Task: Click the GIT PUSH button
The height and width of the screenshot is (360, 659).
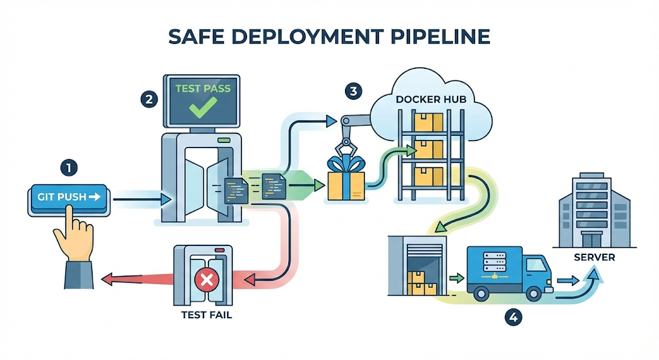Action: pos(66,196)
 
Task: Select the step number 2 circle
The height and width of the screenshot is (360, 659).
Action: pos(149,99)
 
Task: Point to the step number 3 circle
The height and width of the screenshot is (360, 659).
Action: pos(352,91)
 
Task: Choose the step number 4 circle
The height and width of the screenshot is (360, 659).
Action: pos(512,317)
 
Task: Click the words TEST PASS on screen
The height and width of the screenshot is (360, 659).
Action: pos(203,88)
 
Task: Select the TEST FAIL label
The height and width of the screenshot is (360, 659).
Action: pos(207,315)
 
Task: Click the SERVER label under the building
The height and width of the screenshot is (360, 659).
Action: pos(593,258)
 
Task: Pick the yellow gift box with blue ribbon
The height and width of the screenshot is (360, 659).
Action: pos(346,183)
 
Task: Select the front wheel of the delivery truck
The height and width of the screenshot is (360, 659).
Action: pos(534,293)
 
